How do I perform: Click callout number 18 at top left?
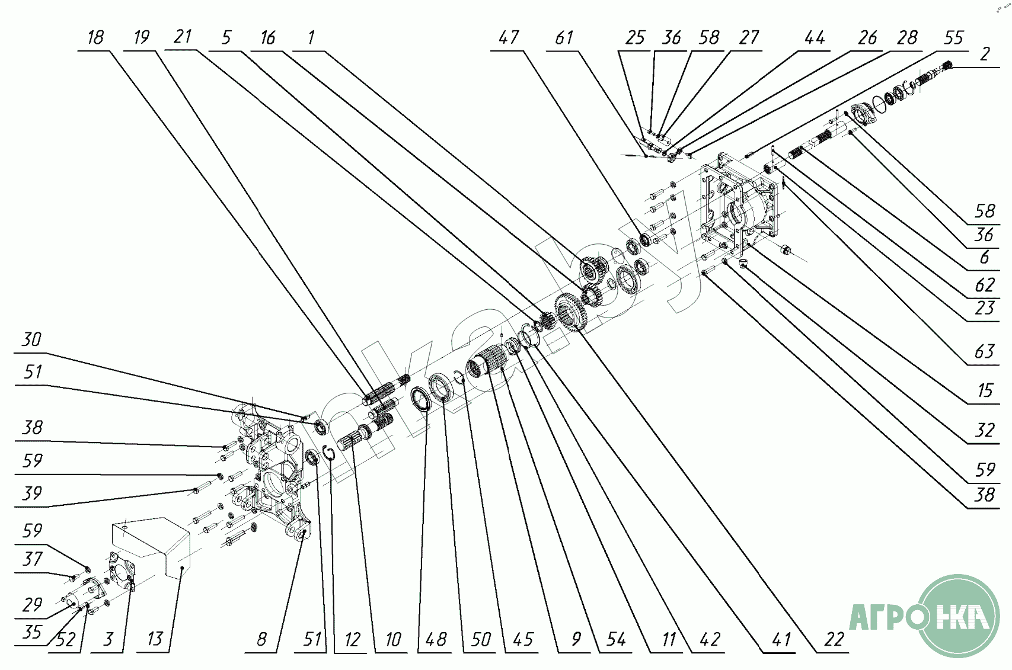pyautogui.click(x=95, y=38)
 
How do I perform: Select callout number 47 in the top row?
pyautogui.click(x=509, y=38)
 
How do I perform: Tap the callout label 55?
pyautogui.click(x=953, y=38)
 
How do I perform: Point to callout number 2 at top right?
pyautogui.click(x=985, y=55)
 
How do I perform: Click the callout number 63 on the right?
pyautogui.click(x=984, y=352)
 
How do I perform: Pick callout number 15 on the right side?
pyautogui.click(x=984, y=390)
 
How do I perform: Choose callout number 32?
pyautogui.click(x=984, y=430)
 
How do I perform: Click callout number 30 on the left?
pyautogui.click(x=31, y=339)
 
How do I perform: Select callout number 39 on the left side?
pyautogui.click(x=31, y=493)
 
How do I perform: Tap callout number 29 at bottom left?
pyautogui.click(x=32, y=605)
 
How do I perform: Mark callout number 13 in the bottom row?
pyautogui.click(x=154, y=639)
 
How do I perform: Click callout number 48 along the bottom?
pyautogui.click(x=436, y=640)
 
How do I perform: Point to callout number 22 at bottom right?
pyautogui.click(x=834, y=640)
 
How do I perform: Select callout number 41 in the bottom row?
pyautogui.click(x=781, y=640)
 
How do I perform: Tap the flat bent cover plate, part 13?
pyautogui.click(x=151, y=545)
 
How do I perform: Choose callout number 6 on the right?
pyautogui.click(x=984, y=258)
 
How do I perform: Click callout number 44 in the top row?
pyautogui.click(x=814, y=38)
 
